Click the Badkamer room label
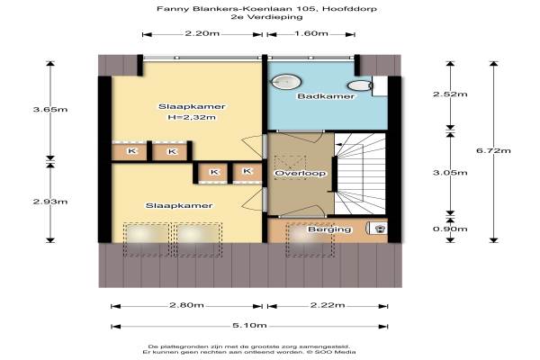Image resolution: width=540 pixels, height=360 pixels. pos(326,96)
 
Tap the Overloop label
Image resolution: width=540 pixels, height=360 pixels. pos(301,173)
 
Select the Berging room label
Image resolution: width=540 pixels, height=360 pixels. pos(329,229)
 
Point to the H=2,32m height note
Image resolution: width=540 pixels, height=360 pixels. pos(192,118)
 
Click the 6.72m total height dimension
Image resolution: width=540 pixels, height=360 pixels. pos(493,150)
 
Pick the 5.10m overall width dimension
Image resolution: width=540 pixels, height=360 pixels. pos(249,326)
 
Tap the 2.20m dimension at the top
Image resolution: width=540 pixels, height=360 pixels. pos(202,33)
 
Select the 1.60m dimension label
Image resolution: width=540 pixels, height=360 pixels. pos(311,33)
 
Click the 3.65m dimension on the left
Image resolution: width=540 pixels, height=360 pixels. pos(50,110)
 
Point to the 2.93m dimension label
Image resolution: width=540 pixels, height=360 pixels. pos(50,202)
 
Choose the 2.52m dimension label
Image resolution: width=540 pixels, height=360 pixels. pos(450,94)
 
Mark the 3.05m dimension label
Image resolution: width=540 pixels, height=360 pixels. pos(450,173)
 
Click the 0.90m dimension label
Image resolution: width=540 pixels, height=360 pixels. pos(450,229)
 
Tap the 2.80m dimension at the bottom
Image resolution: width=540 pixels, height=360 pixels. pos(186,305)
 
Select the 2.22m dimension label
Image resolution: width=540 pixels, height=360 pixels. pos(328,305)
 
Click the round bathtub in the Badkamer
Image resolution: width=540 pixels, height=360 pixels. pos(286,82)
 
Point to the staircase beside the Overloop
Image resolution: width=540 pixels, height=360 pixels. pos(360,174)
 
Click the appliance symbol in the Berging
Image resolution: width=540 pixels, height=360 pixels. pos(378,229)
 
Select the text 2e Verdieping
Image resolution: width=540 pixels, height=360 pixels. pos(267,16)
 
